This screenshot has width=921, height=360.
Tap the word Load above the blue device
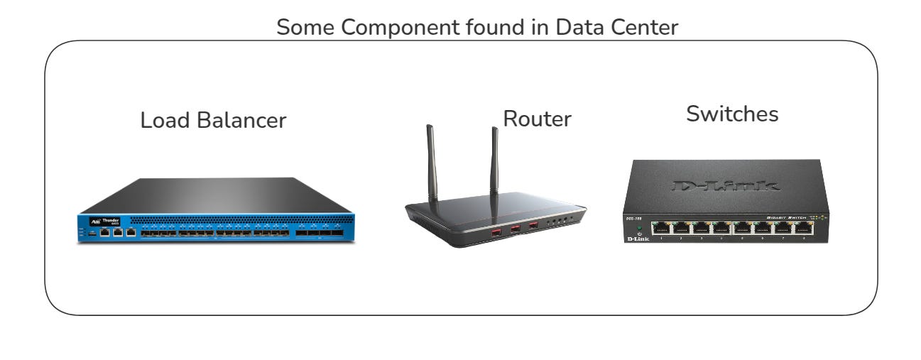160,121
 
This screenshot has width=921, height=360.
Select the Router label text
537,119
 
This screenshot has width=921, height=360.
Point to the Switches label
732,114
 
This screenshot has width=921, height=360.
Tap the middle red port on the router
516,228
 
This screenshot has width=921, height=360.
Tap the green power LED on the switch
639,227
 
